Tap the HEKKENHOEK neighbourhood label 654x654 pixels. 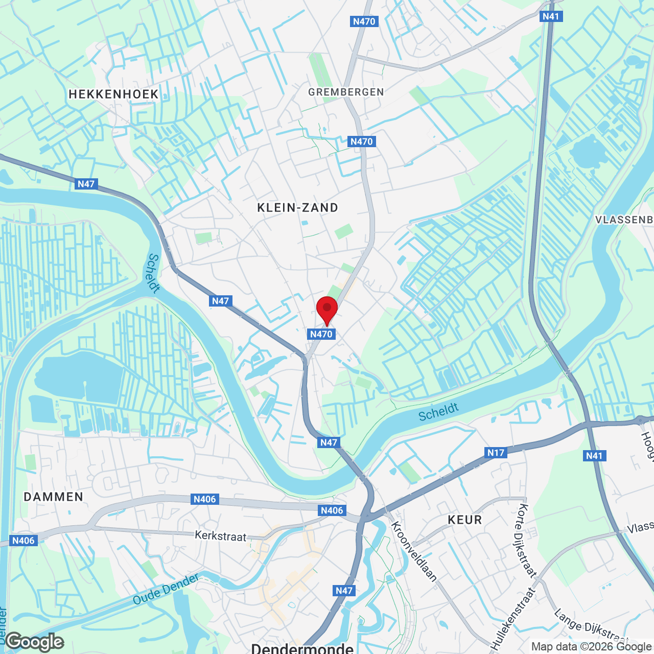point(113,94)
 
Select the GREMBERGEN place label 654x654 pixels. point(346,92)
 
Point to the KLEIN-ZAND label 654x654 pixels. point(297,207)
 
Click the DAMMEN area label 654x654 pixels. point(54,497)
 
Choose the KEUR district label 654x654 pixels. point(464,520)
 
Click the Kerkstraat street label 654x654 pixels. point(220,535)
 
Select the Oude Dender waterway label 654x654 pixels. point(166,589)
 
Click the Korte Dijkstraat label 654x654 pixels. point(527,540)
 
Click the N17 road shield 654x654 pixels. point(496,452)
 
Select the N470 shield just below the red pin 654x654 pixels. point(321,334)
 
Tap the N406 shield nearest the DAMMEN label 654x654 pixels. point(24,541)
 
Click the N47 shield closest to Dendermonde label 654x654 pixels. point(344,591)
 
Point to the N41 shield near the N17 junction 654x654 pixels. point(594,455)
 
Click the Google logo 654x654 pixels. point(35,642)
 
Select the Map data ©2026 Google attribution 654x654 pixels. point(591,647)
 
